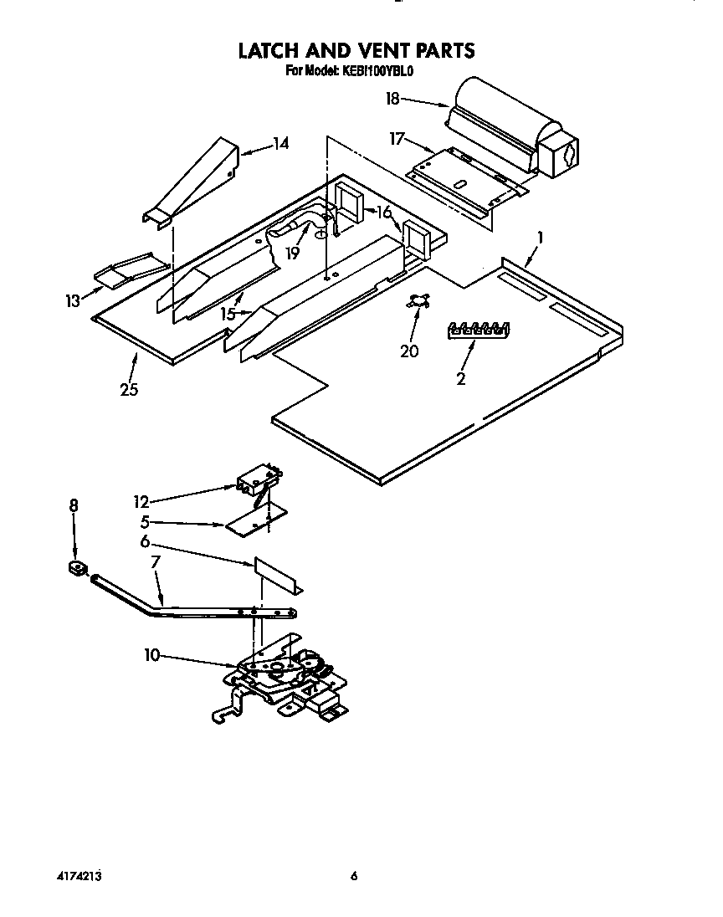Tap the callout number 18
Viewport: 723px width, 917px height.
392,99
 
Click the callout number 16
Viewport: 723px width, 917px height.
385,213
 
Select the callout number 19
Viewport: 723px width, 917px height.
291,253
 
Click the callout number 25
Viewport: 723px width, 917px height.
128,389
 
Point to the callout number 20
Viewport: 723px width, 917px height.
409,351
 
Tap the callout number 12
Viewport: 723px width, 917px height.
141,502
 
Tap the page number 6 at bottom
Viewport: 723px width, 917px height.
354,877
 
